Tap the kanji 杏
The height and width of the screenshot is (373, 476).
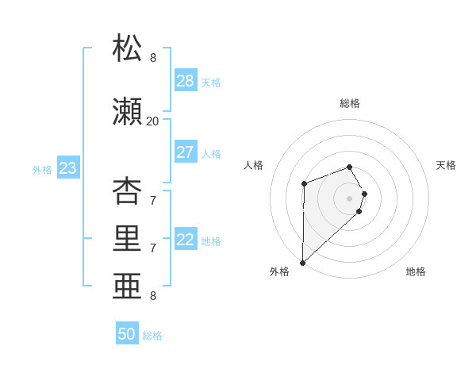coord(128,191)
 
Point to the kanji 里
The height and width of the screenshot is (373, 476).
coord(128,239)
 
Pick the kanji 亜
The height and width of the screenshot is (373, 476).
coord(128,286)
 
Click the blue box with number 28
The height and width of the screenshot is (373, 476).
coord(186,81)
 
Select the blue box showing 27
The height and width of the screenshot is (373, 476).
coord(186,152)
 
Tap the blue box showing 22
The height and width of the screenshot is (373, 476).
coord(186,240)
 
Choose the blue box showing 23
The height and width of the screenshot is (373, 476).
coord(67,168)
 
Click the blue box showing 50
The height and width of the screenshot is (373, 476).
coord(127,334)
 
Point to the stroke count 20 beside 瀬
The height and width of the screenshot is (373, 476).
coord(152,121)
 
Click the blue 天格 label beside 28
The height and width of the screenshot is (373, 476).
coord(211,83)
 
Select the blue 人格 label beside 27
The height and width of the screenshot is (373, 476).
coord(211,154)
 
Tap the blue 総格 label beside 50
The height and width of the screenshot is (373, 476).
coord(152,336)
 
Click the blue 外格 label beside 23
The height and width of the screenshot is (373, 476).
coord(42,169)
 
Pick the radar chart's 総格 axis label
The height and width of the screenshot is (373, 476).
coord(350,103)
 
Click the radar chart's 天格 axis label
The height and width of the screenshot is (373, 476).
coord(446,165)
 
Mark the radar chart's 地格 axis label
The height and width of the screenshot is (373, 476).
coord(416,272)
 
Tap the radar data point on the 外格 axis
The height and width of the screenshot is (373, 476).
coord(302,262)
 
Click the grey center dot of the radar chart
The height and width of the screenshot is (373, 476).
coord(350,198)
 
